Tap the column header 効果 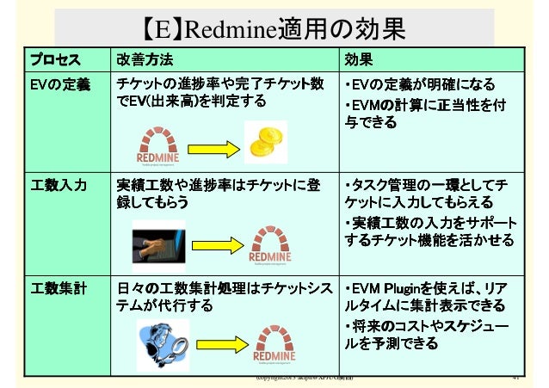(x=358, y=60)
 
